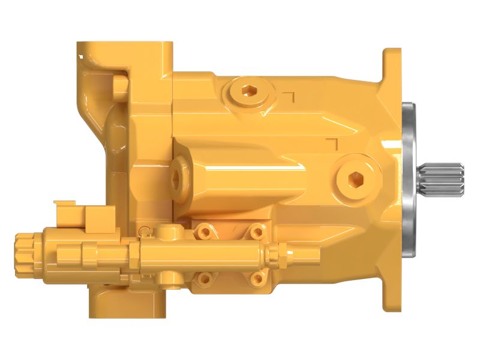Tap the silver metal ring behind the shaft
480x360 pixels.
point(410,180)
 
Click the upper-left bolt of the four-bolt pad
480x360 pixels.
point(206,231)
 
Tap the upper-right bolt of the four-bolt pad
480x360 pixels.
point(256,230)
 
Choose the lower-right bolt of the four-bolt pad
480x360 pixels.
point(257,278)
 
